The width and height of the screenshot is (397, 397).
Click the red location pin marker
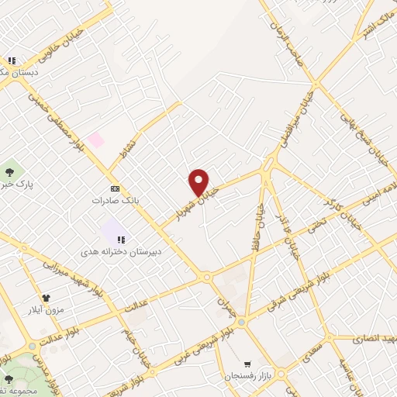point(198,182)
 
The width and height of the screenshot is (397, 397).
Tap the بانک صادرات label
point(115,200)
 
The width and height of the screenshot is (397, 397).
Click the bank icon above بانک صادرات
point(115,188)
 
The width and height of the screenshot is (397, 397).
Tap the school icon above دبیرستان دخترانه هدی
point(121,240)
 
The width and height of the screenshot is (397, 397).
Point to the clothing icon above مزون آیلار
point(46,297)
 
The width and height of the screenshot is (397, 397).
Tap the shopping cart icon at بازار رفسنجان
point(247,364)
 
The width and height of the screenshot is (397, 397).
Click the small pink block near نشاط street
point(96,140)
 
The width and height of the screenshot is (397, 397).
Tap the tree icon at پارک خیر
point(10,171)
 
